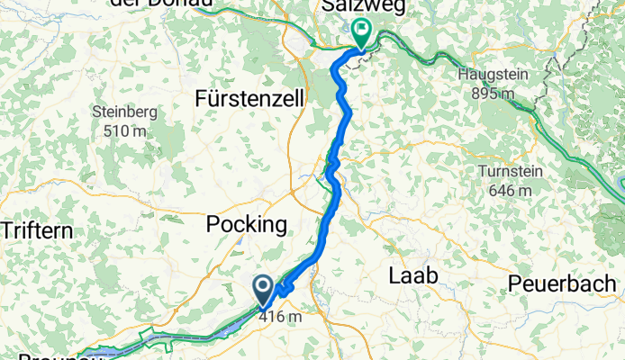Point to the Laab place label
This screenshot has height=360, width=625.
click(x=412, y=276)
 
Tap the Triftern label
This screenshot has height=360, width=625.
click(x=36, y=229)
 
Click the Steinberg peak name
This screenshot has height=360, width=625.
click(x=125, y=112)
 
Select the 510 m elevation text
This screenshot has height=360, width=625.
click(x=125, y=130)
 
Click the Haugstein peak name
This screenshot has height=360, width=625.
click(x=492, y=74)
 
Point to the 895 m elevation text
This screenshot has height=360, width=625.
click(x=492, y=92)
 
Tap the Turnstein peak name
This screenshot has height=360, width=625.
click(x=505, y=173)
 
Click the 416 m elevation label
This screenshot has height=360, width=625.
click(x=279, y=316)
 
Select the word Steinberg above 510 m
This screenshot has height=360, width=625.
click(x=125, y=112)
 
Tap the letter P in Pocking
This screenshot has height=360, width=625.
click(x=213, y=224)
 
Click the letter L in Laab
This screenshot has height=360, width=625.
click(x=394, y=276)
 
